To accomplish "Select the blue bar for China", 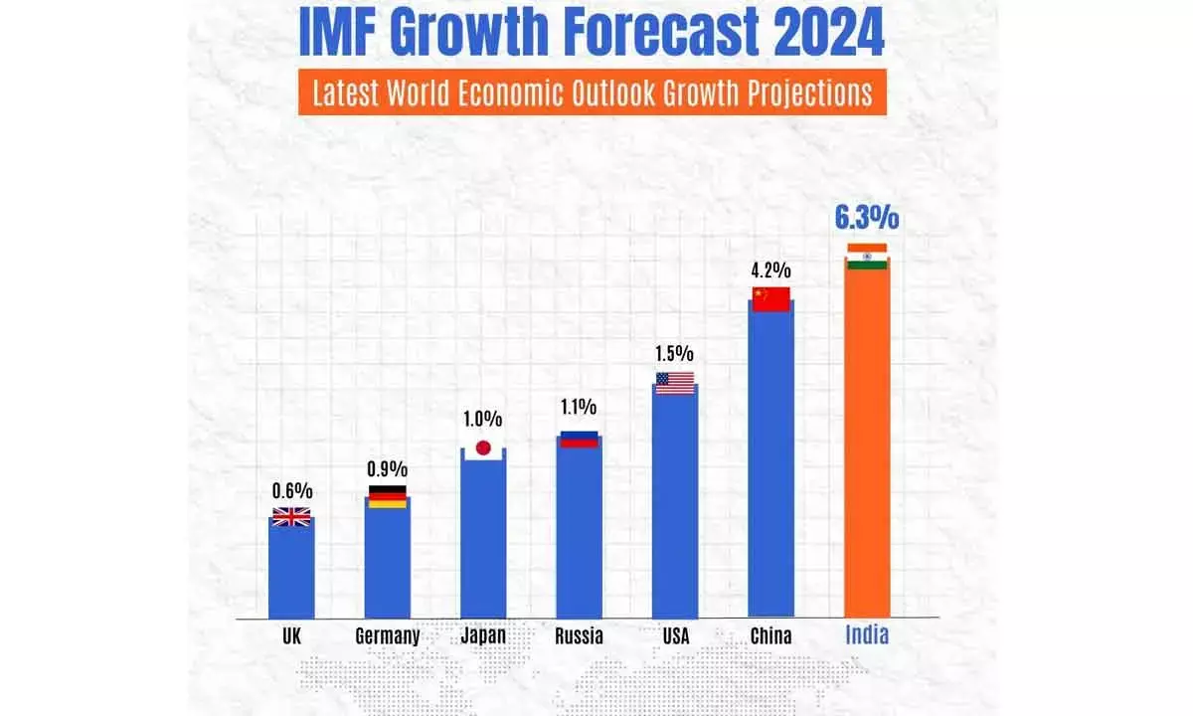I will (x=770, y=467).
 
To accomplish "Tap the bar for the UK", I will (x=291, y=572).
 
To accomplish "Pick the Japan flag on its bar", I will (x=483, y=447).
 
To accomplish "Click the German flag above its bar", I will (x=388, y=496).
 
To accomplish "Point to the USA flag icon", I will (x=675, y=383).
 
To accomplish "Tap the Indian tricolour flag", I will (x=866, y=256).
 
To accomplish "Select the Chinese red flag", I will (x=770, y=298).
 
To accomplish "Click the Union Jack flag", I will (x=291, y=516).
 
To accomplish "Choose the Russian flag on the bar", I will (x=579, y=439).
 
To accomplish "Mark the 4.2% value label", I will (x=770, y=269).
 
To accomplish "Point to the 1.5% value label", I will (x=675, y=354).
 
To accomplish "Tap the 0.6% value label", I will (x=292, y=490).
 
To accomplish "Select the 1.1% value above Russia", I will (x=579, y=407).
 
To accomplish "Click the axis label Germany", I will (x=388, y=636).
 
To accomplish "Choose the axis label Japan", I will (x=483, y=636).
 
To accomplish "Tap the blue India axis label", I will (x=866, y=636).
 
